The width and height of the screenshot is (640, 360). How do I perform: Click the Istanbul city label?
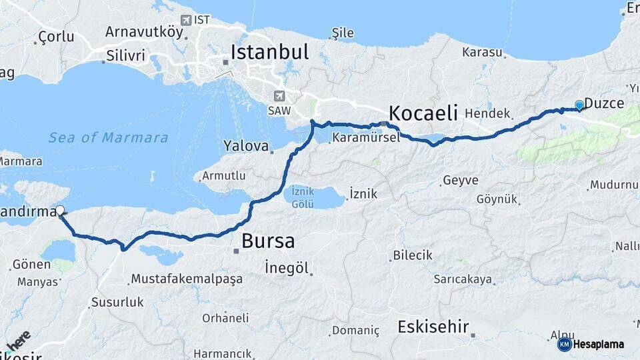[269, 52]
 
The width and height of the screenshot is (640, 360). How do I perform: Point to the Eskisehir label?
[433, 327]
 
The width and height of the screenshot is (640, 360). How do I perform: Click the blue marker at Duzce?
[579, 105]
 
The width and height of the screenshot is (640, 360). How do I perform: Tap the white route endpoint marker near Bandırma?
[61, 211]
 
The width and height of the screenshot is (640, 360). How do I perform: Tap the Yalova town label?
[246, 146]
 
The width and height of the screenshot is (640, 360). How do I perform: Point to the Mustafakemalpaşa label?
[187, 279]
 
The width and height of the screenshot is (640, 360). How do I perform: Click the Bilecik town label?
[413, 255]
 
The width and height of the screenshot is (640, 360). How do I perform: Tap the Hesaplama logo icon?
[565, 344]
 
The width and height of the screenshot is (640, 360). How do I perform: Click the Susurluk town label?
[117, 302]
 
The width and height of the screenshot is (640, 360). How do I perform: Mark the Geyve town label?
[461, 180]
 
